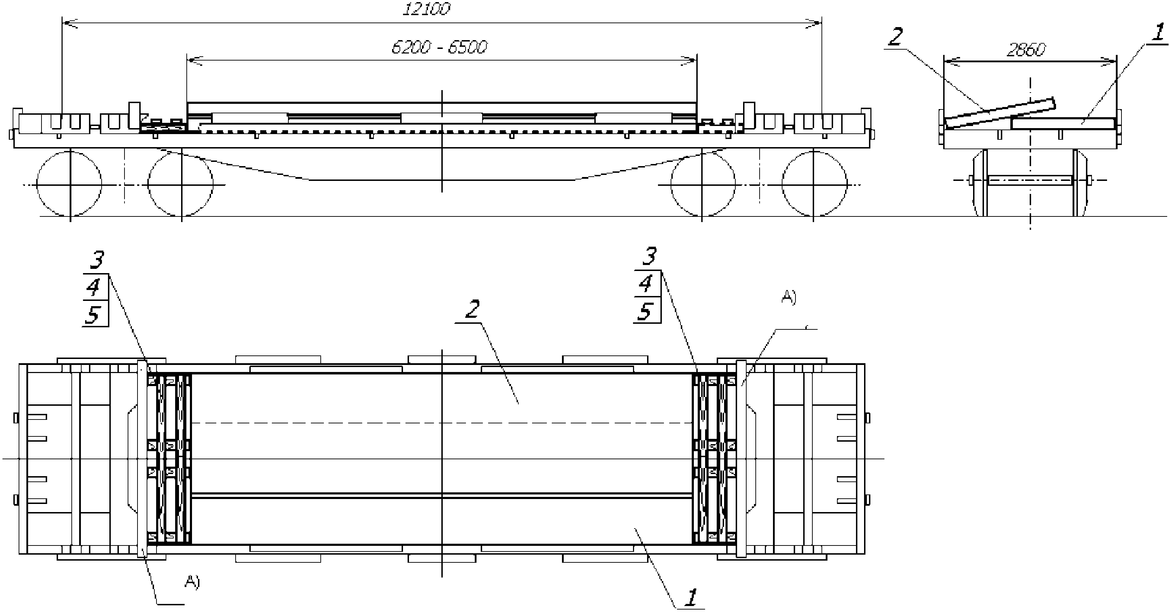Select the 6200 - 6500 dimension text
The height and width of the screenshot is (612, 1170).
439,47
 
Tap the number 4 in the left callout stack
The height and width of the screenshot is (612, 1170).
94,287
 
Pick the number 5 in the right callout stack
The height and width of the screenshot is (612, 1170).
645,312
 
